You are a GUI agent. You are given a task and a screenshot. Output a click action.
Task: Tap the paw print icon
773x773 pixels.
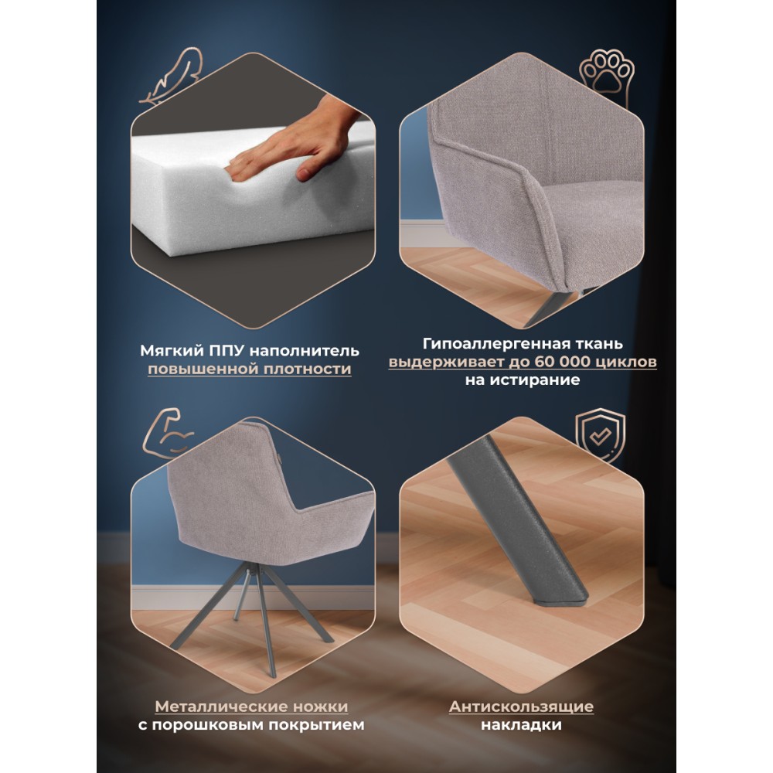[606, 76]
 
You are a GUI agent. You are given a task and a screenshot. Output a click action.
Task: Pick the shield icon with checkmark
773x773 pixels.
[601, 435]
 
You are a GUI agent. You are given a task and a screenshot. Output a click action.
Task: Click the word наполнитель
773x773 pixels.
[304, 351]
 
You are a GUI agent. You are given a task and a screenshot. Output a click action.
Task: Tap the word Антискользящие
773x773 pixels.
[521, 707]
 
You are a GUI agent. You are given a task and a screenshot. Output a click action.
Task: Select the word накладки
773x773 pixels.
[521, 725]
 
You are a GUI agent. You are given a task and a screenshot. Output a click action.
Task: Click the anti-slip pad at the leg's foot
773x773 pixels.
[560, 601]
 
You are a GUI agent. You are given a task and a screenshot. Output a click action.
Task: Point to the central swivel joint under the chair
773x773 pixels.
[253, 570]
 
